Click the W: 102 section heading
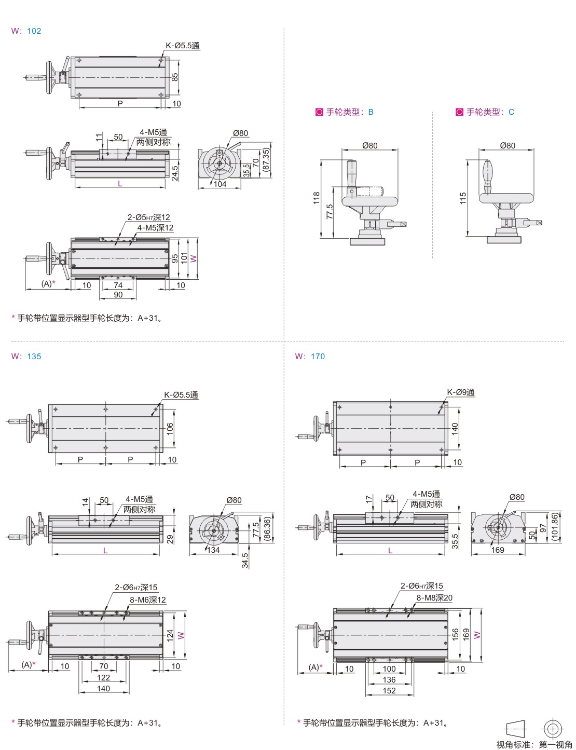[26, 31]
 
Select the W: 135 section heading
[26, 357]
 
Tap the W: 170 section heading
[310, 357]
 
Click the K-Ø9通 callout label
[461, 392]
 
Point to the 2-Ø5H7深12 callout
[148, 217]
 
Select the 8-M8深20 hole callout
[434, 598]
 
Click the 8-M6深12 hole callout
[147, 600]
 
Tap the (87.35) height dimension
[266, 160]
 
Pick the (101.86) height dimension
[555, 527]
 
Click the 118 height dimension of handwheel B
[317, 198]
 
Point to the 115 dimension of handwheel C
[463, 198]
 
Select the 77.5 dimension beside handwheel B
[330, 212]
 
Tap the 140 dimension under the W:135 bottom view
[103, 689]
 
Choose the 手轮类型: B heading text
[350, 112]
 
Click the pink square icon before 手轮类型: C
[459, 112]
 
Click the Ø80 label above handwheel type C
[508, 145]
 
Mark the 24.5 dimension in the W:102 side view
[175, 173]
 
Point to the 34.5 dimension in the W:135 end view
[245, 561]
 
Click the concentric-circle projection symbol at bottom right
[553, 729]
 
